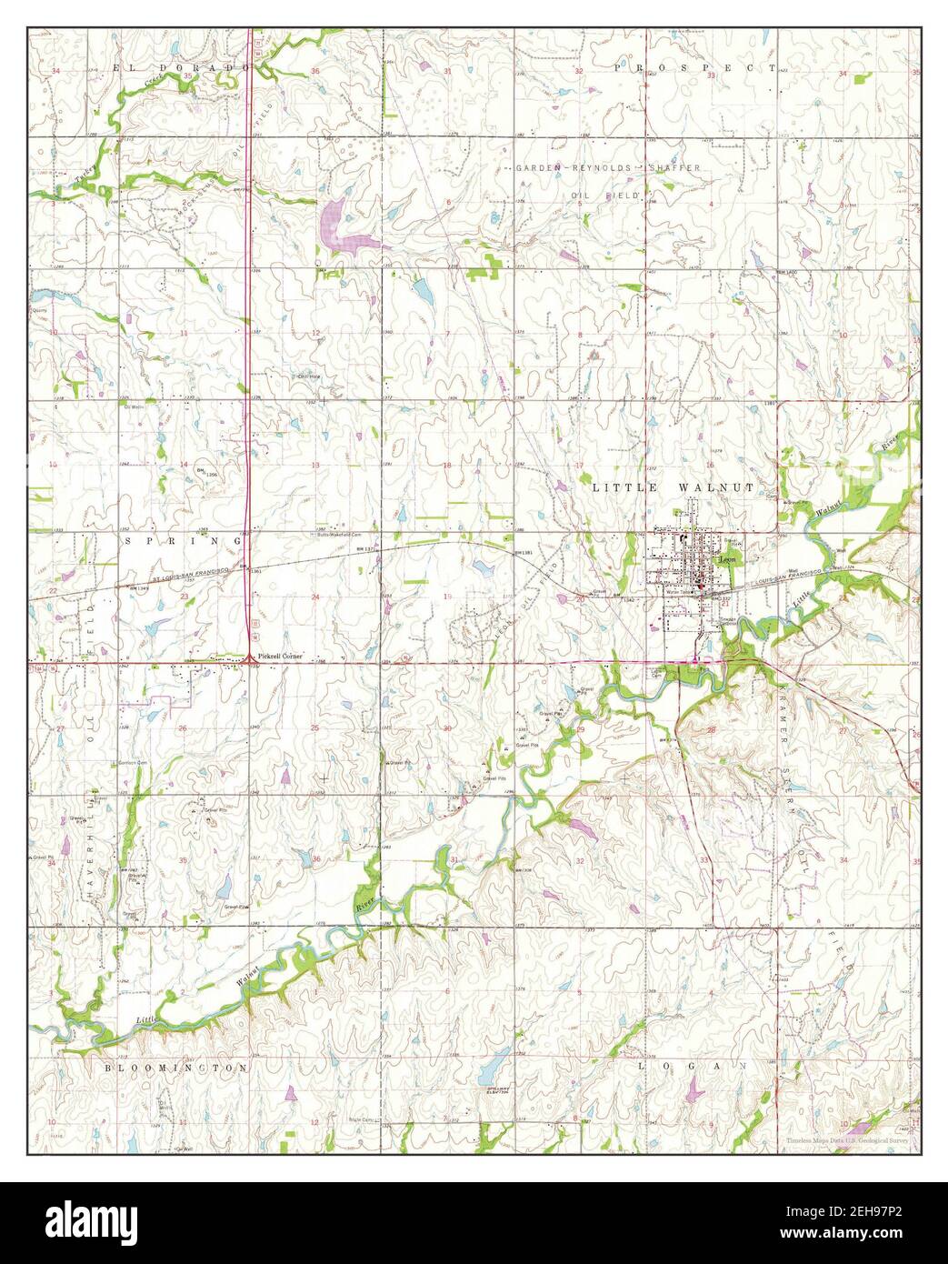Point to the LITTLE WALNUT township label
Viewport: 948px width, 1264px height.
point(674,487)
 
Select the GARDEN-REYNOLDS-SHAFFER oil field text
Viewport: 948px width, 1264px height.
point(608,168)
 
